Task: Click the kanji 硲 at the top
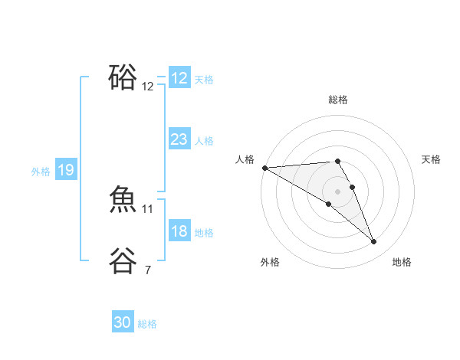tap(123, 77)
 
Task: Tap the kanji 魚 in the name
tap(123, 200)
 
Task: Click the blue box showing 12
tap(179, 78)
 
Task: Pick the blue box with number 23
tap(179, 139)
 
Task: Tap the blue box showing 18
tap(179, 231)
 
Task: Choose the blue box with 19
tap(66, 170)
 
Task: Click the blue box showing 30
tap(123, 322)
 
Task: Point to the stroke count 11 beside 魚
tap(148, 208)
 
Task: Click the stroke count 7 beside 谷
tap(148, 270)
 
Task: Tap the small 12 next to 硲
tap(148, 87)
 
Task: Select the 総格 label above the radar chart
tap(338, 100)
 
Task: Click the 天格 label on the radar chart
tap(432, 159)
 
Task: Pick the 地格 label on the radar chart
tap(402, 262)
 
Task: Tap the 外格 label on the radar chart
tap(270, 262)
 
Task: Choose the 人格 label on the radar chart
tap(245, 159)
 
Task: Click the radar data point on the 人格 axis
tap(264, 168)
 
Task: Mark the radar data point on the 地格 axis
tap(374, 242)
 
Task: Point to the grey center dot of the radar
tap(338, 191)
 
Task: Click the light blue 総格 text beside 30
tap(147, 324)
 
